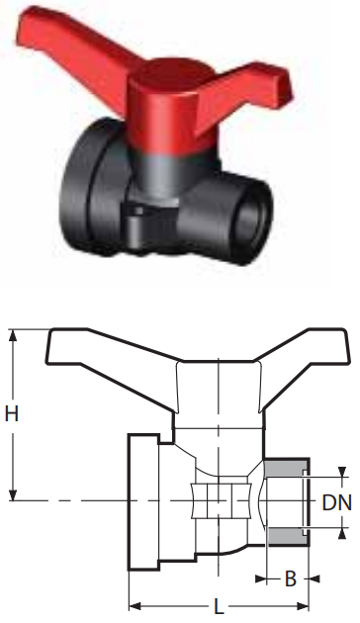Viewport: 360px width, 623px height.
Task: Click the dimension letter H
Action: [12, 414]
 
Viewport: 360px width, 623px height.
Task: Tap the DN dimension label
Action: [337, 502]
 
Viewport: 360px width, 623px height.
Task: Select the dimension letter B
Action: [291, 578]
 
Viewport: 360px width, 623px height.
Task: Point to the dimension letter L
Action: [219, 606]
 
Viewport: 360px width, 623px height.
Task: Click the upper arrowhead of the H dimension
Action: [14, 336]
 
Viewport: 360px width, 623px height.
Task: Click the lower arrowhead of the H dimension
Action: [14, 493]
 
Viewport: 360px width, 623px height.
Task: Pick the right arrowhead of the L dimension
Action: [303, 606]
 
